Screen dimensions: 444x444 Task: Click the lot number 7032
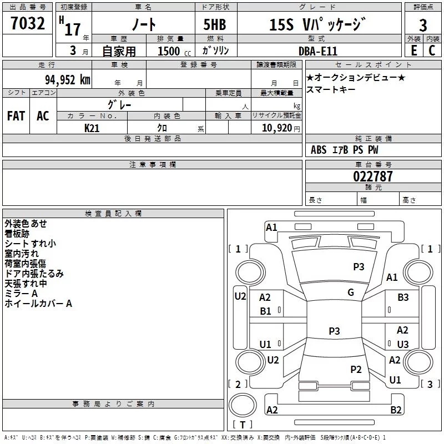point(28,23)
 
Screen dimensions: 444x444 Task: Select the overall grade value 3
point(423,26)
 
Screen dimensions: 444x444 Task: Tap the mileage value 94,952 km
point(68,80)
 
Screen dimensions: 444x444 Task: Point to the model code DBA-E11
point(318,51)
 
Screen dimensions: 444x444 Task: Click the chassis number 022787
point(373,176)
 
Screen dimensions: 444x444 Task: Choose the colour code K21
point(92,128)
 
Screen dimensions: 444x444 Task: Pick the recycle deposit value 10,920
point(277,128)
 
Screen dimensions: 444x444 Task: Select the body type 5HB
point(215,24)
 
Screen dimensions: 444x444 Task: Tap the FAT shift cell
point(16,116)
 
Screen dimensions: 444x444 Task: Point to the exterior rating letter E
point(413,51)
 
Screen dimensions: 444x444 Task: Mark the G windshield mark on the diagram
point(351,292)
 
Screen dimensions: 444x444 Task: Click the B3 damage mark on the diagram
point(403,297)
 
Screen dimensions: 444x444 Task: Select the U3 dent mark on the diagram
point(403,344)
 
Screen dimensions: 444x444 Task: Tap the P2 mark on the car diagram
point(356,369)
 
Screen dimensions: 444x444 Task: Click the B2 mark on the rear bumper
point(396,410)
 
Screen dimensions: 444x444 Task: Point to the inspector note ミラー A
point(21,294)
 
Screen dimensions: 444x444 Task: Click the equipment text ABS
point(319,150)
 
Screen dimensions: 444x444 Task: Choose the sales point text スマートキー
point(331,89)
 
